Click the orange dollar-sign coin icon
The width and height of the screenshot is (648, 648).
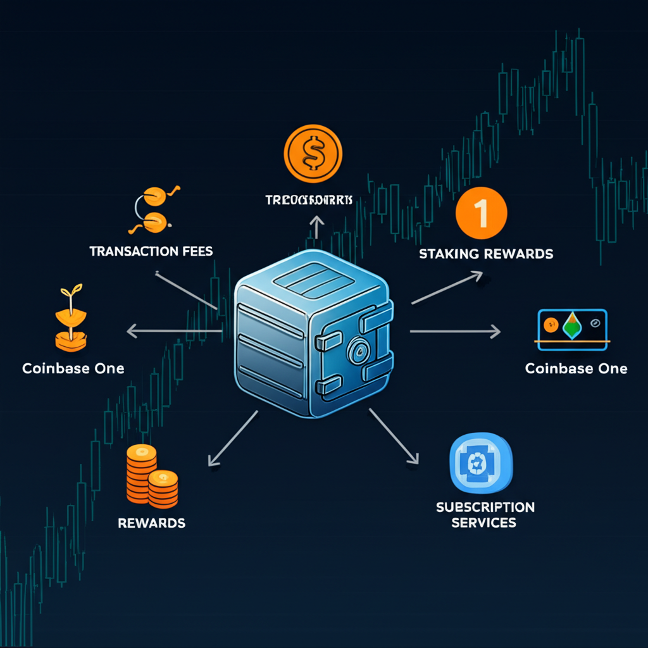(x=313, y=153)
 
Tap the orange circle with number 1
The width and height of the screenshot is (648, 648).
(x=481, y=215)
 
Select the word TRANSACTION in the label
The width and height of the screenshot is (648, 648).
(x=130, y=251)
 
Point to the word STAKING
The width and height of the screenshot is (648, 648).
(x=449, y=254)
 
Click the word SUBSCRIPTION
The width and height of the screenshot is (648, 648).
(x=485, y=507)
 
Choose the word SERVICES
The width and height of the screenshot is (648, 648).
(x=483, y=523)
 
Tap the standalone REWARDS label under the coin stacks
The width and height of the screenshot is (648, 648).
(x=151, y=523)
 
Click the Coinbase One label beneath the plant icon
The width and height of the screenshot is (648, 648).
(x=73, y=368)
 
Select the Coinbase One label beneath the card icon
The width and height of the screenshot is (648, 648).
(x=576, y=368)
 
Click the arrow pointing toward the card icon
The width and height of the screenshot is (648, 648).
(x=455, y=331)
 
